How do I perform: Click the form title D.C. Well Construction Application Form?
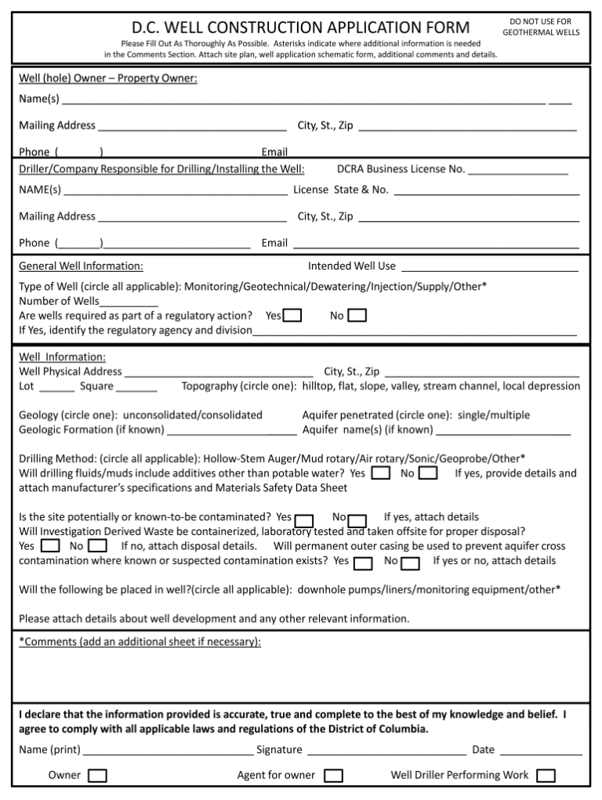(300, 27)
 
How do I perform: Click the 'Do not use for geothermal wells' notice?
(540, 27)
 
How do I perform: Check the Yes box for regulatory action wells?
(292, 315)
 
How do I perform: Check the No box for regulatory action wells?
(357, 315)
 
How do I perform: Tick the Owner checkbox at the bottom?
(98, 776)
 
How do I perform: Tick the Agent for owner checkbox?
(333, 776)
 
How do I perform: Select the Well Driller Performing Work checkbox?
(546, 776)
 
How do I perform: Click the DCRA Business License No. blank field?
(518, 170)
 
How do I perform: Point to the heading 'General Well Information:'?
(81, 266)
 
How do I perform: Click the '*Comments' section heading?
(140, 642)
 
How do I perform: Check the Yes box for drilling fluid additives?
(381, 473)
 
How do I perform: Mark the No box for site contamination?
(357, 521)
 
